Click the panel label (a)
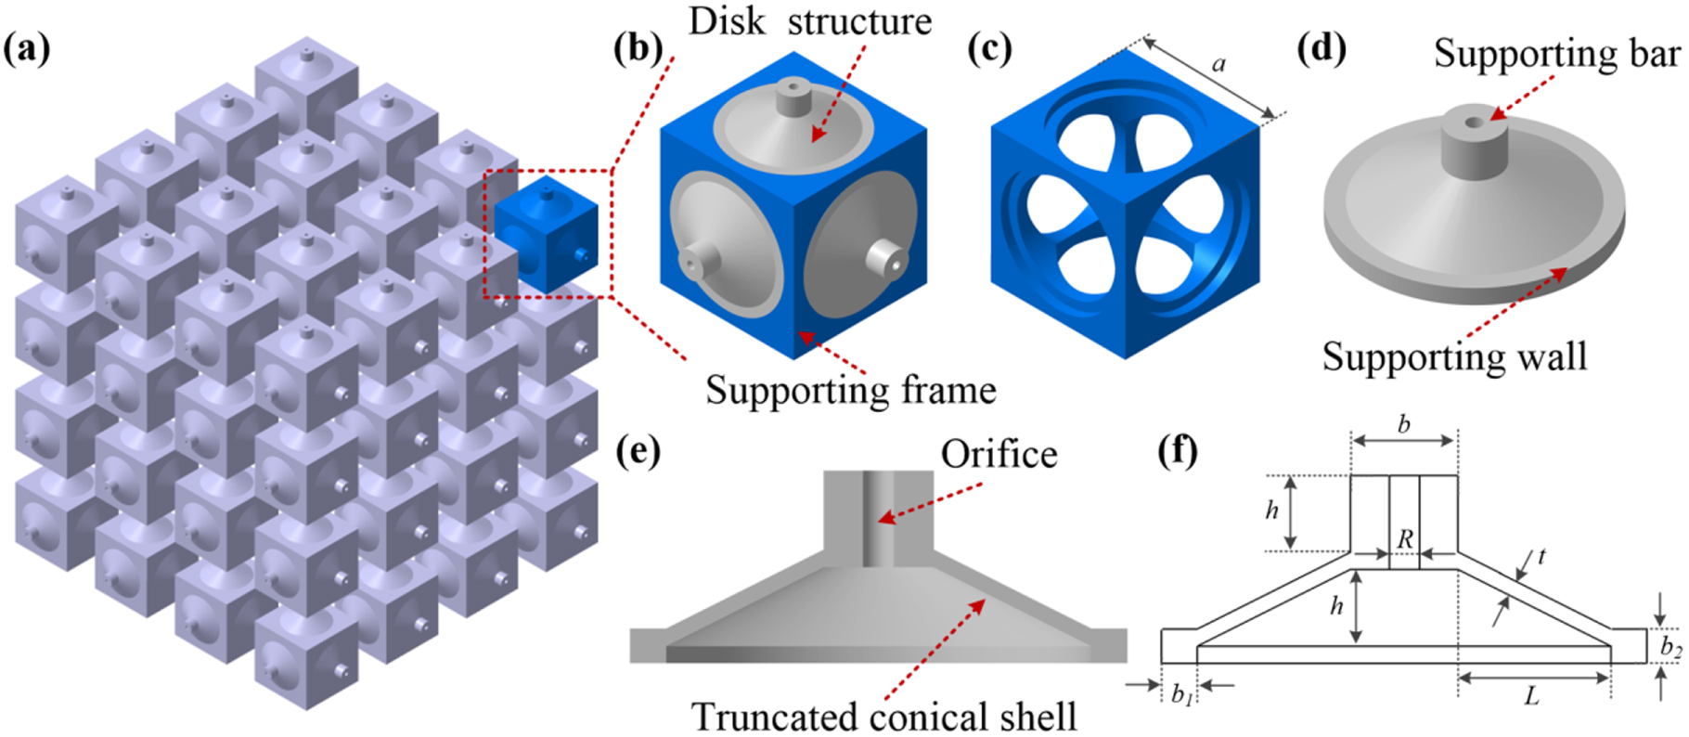[x=27, y=48]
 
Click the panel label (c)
[x=989, y=48]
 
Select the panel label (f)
[x=1178, y=452]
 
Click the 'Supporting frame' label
[x=850, y=389]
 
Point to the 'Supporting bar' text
[x=1556, y=53]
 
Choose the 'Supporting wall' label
[x=1454, y=356]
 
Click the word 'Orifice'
[x=999, y=454]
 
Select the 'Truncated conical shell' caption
[x=883, y=716]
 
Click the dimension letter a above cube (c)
[x=1218, y=64]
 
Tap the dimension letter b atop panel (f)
[x=1403, y=424]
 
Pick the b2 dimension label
[x=1670, y=647]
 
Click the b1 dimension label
[x=1180, y=694]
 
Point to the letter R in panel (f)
[x=1404, y=539]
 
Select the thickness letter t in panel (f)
[x=1541, y=556]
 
